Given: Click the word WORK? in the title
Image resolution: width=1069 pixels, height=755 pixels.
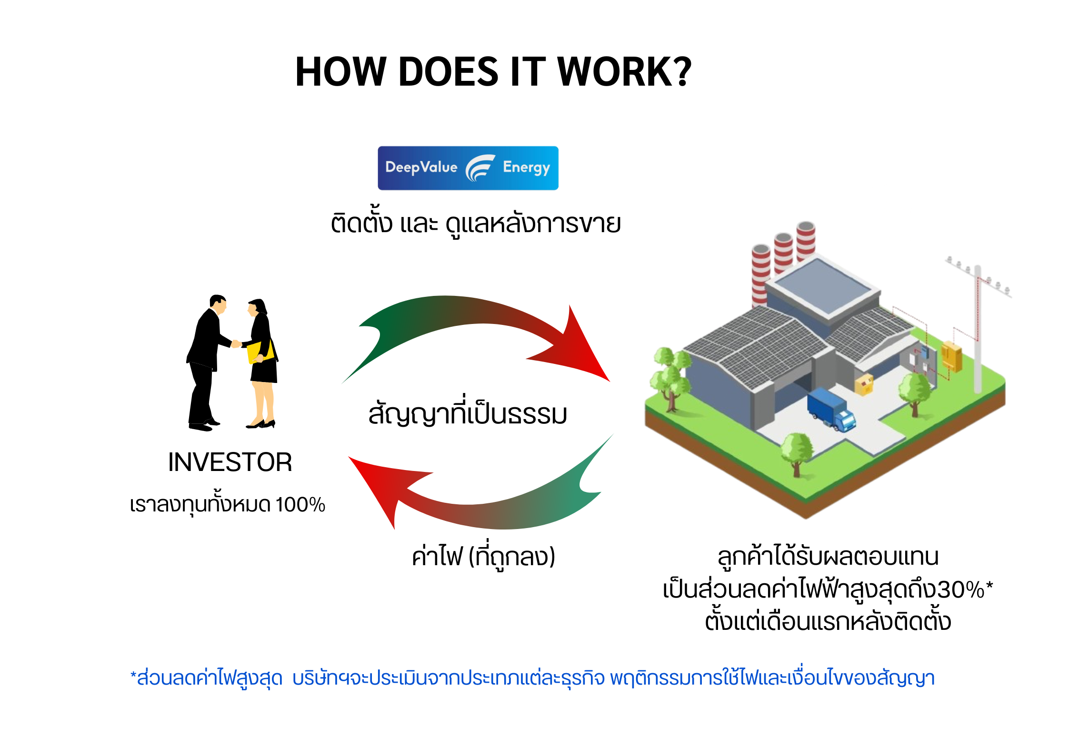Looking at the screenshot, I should tap(624, 72).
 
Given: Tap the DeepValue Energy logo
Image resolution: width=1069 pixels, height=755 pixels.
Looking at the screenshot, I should tap(468, 168).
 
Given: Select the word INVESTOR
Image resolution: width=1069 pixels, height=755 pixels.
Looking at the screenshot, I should tap(230, 462).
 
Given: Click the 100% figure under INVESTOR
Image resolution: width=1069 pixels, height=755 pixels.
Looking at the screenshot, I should tap(300, 505).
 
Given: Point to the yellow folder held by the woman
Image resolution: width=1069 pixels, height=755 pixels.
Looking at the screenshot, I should tap(260, 352).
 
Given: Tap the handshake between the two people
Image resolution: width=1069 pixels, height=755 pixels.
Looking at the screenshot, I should tap(236, 343).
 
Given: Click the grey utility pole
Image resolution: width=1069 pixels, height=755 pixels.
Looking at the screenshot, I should tap(977, 333).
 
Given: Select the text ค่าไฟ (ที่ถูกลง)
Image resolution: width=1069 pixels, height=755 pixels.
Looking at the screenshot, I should tap(483, 557).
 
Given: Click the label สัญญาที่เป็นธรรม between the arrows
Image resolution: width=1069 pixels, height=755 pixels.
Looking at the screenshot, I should tap(468, 414).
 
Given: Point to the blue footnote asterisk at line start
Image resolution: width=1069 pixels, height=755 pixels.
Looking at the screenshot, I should tap(133, 675).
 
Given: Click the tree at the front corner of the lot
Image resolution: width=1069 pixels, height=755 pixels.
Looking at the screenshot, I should tap(796, 452).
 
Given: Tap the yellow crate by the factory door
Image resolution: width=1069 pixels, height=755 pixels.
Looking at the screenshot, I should tap(864, 384).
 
